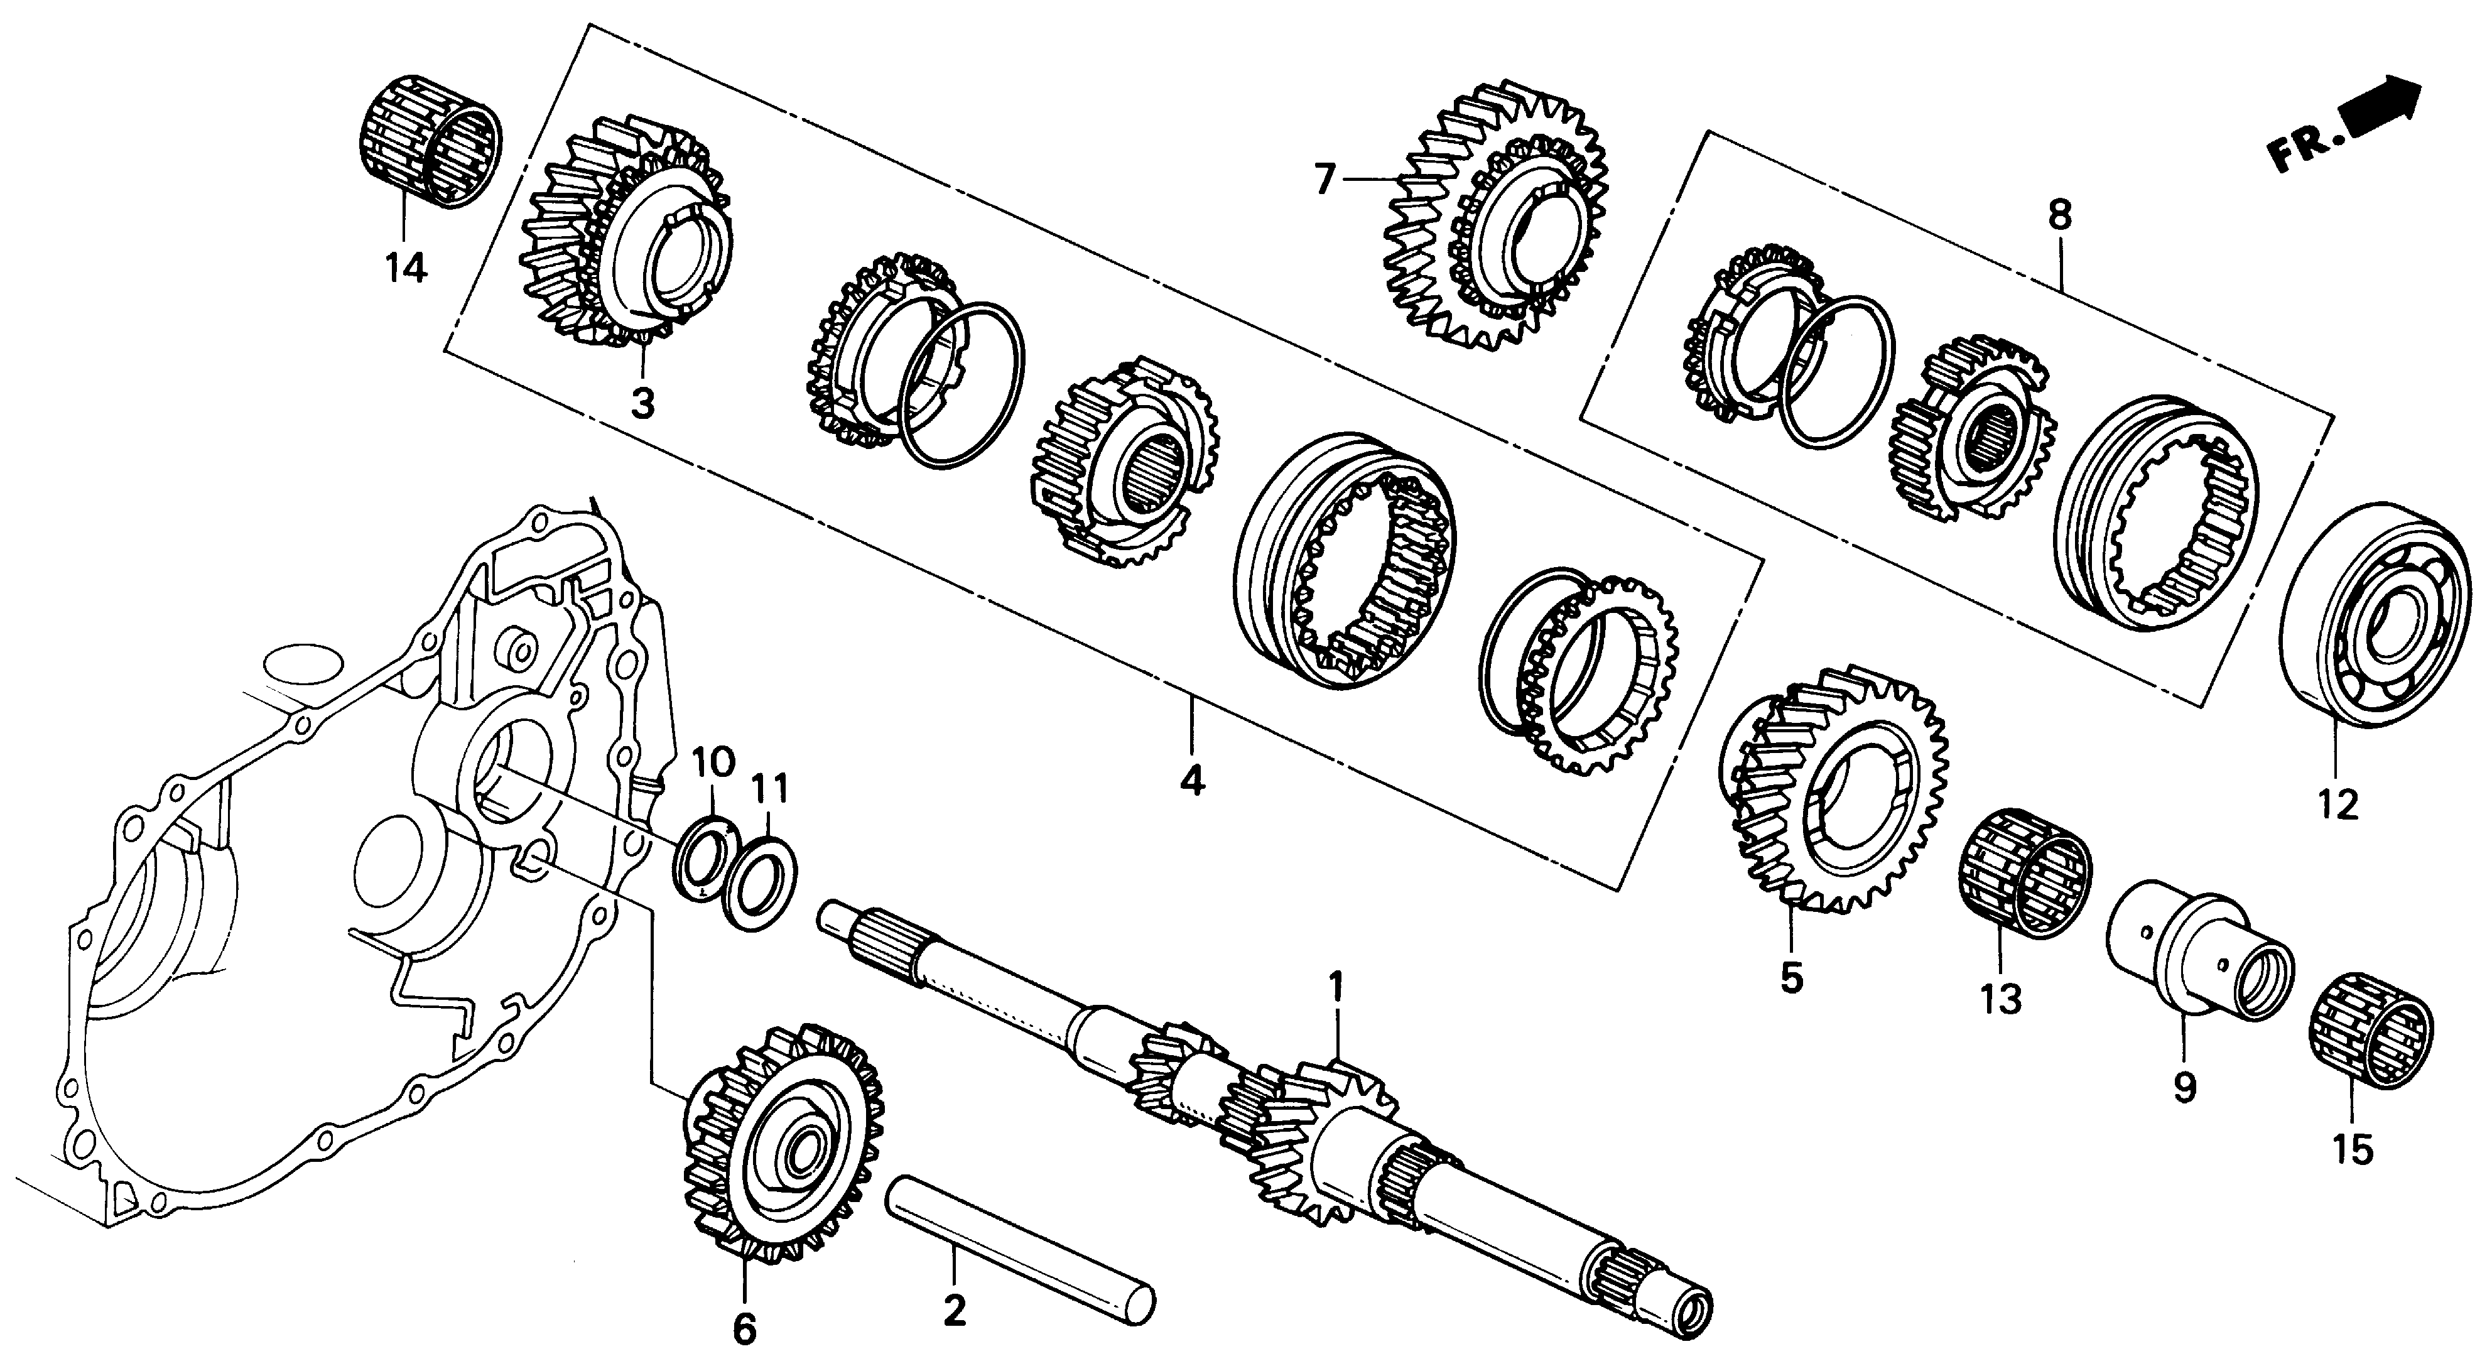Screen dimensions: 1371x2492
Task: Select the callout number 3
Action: tap(643, 403)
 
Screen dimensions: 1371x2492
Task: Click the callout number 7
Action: tap(1325, 179)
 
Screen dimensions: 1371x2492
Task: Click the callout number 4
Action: tap(1192, 778)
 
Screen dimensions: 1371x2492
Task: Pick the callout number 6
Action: tap(744, 1330)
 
